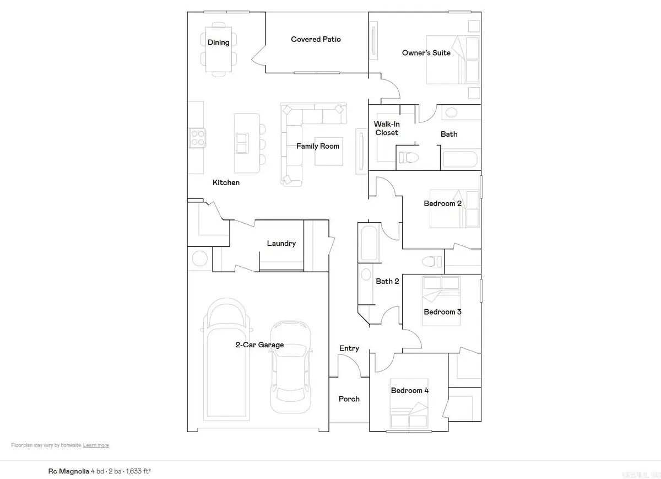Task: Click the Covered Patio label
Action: tap(316, 39)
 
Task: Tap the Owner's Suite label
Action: tap(426, 53)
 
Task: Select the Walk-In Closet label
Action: tap(386, 128)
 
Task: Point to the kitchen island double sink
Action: tap(241, 142)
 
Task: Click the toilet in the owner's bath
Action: tap(408, 157)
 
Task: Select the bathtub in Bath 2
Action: tap(368, 242)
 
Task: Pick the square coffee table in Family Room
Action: tap(329, 150)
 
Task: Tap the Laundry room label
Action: tap(281, 243)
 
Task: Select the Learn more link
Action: tap(96, 445)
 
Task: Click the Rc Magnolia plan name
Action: tap(68, 471)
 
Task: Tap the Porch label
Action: tap(349, 399)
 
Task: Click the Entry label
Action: tap(349, 348)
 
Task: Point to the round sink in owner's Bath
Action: tap(451, 114)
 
